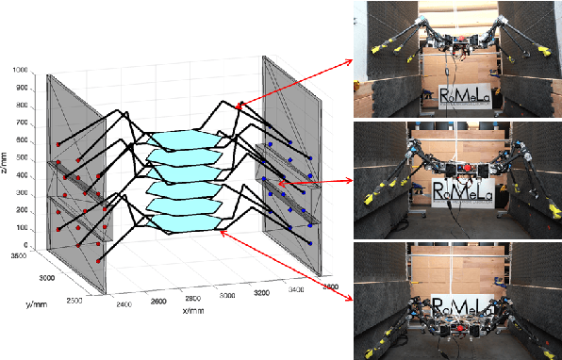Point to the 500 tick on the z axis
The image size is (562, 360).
(x=21, y=158)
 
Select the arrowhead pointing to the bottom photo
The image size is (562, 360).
(x=348, y=299)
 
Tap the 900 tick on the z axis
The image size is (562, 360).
(x=21, y=89)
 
